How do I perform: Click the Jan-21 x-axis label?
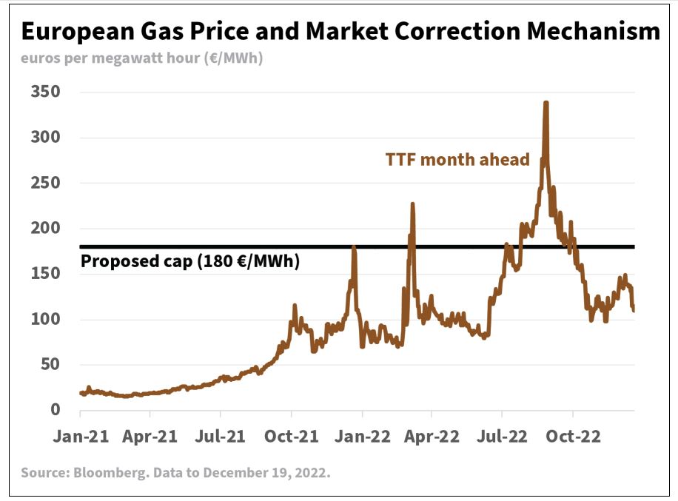pyautogui.click(x=81, y=436)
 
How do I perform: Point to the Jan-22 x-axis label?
pyautogui.click(x=361, y=436)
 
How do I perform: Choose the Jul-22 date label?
pyautogui.click(x=501, y=436)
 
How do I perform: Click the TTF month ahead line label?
pyautogui.click(x=457, y=159)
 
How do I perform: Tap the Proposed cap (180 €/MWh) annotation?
pyautogui.click(x=190, y=261)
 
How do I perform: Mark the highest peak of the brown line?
pyautogui.click(x=546, y=103)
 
